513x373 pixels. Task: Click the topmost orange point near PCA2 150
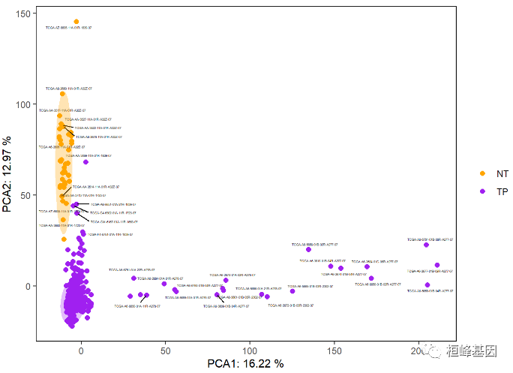pyautogui.click(x=76, y=22)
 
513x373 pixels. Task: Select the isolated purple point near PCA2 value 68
pyautogui.click(x=85, y=161)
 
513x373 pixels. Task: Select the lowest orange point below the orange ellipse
pyautogui.click(x=64, y=239)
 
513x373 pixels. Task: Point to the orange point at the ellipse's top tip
pyautogui.click(x=62, y=94)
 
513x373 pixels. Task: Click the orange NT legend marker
pyautogui.click(x=482, y=173)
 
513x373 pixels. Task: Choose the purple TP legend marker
pyautogui.click(x=482, y=191)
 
